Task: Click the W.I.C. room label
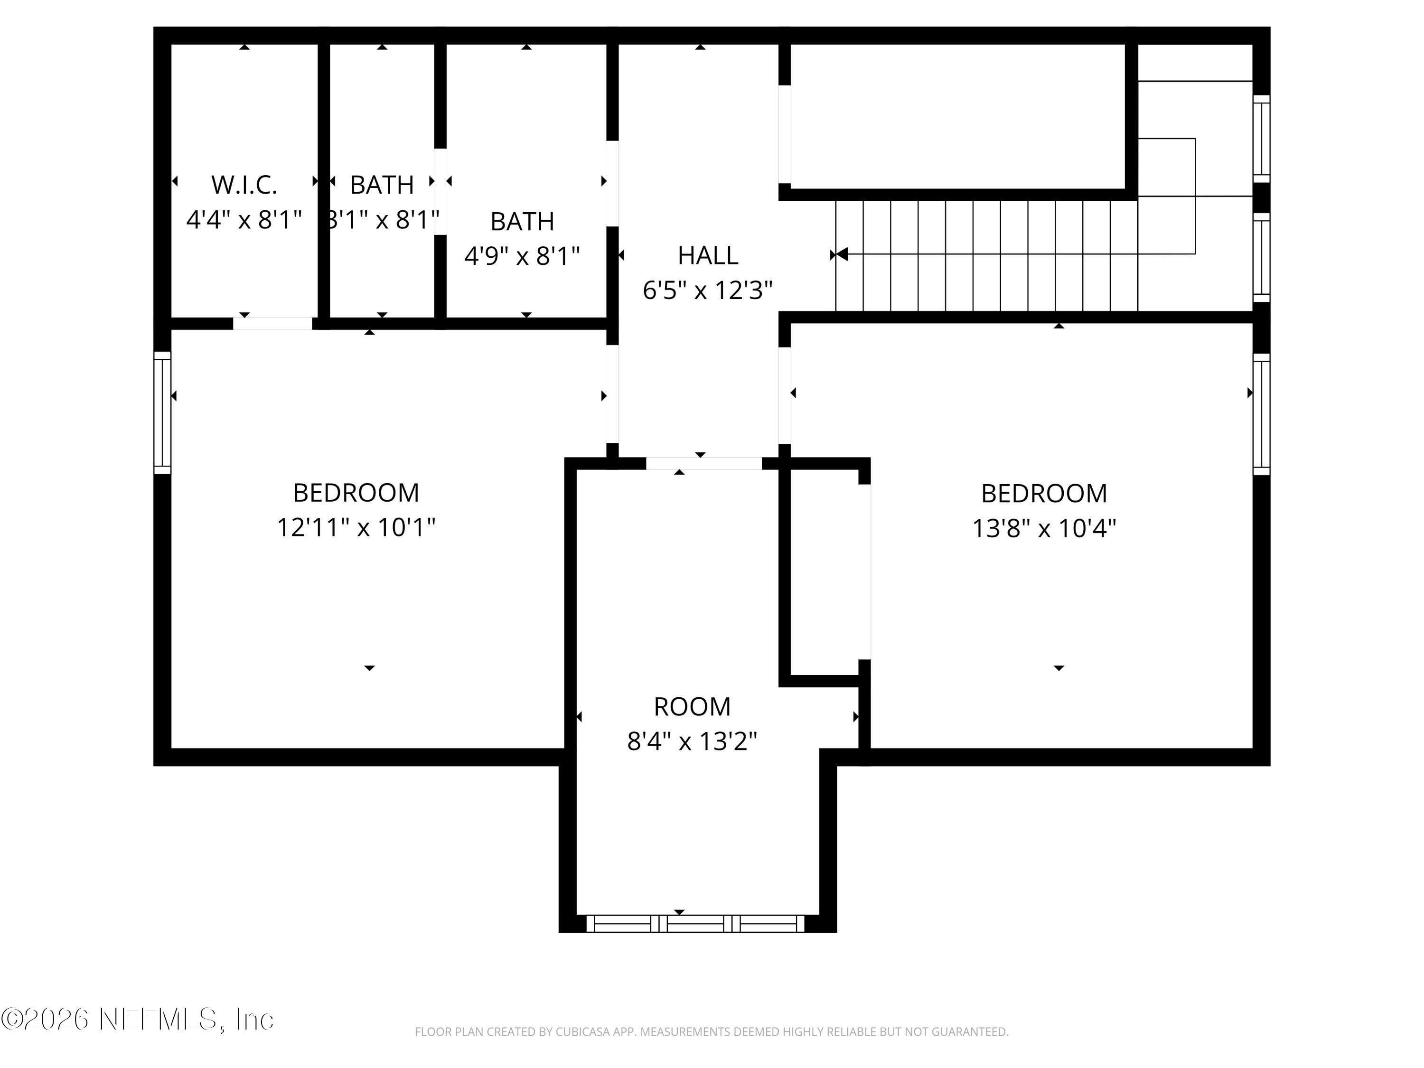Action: [244, 186]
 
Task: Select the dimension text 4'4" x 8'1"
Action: [244, 220]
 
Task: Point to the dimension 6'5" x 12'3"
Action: [708, 290]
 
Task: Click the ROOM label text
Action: [692, 707]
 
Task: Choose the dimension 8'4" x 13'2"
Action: [692, 741]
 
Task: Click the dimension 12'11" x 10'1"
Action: [356, 528]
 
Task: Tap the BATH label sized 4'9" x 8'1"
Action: [522, 222]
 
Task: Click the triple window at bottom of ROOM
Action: [695, 924]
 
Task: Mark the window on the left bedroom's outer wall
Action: [162, 412]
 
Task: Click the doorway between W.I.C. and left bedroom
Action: [273, 323]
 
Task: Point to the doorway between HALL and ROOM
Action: [703, 463]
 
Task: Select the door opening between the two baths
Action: [440, 191]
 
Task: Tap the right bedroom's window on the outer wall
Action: [1261, 414]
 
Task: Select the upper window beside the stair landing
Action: [1261, 139]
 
